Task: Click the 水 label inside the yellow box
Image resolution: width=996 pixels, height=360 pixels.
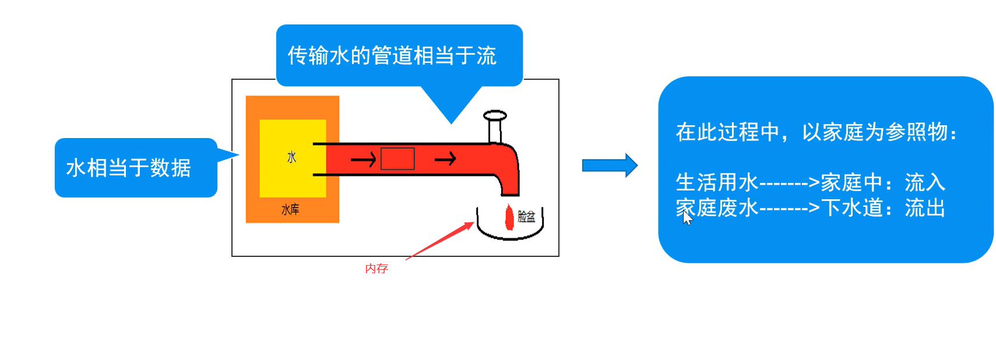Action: tap(291, 157)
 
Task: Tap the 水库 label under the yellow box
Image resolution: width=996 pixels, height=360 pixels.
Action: tap(290, 210)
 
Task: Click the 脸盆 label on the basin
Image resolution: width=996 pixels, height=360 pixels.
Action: tap(526, 217)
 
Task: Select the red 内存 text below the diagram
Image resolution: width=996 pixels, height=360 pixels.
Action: tap(376, 269)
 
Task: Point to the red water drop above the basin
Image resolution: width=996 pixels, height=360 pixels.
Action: tap(509, 217)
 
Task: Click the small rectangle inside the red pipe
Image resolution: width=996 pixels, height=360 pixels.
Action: tap(397, 158)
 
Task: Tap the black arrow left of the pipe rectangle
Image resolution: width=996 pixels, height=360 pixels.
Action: tap(363, 159)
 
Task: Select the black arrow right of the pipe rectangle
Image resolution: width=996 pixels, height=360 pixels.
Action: tap(445, 158)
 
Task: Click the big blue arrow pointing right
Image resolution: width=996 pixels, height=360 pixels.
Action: tap(610, 165)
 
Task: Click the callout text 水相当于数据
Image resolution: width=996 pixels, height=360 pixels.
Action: tap(129, 168)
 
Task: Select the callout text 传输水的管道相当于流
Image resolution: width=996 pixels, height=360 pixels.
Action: tap(392, 56)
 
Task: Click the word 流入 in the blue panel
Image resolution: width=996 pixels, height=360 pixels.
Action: tap(925, 182)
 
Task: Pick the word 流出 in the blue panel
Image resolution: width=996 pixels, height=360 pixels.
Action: tap(925, 208)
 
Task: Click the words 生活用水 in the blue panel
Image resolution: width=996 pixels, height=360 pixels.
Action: tap(717, 182)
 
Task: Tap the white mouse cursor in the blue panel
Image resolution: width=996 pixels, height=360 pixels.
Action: tap(687, 218)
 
